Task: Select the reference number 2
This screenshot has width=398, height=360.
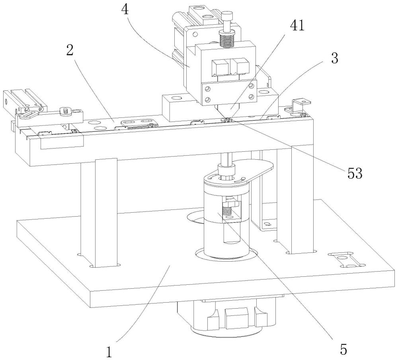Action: tap(70, 50)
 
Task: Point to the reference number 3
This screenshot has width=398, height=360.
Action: tap(335, 58)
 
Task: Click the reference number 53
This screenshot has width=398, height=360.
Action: tap(355, 174)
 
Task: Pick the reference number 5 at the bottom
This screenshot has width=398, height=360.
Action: tap(343, 350)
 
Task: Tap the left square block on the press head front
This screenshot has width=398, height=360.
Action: tap(220, 67)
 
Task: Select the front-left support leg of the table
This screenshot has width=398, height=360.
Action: tap(106, 213)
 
